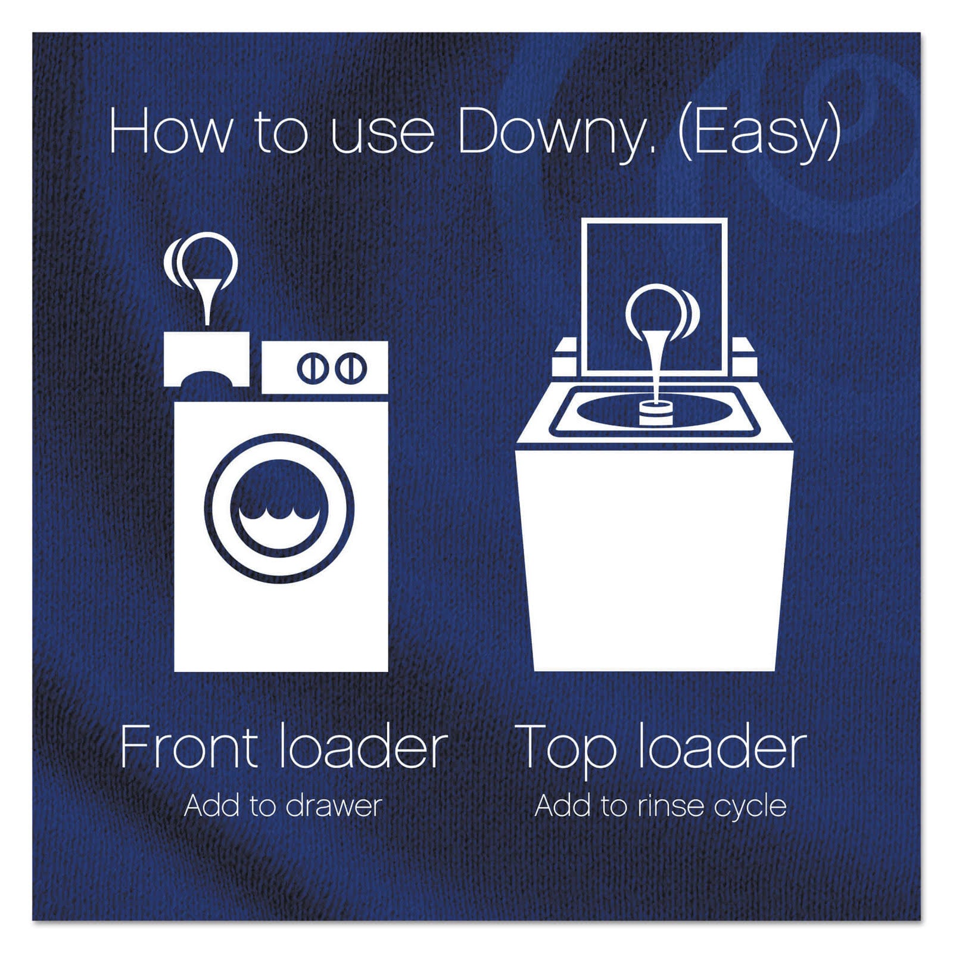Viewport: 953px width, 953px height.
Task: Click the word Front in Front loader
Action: pos(189,747)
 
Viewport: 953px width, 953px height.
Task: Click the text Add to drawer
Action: pos(283,806)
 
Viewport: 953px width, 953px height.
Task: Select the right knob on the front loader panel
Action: pos(350,368)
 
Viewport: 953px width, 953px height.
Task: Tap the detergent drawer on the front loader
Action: pos(206,359)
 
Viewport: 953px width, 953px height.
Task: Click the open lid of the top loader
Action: pos(655,298)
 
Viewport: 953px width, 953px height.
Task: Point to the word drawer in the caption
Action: pos(334,806)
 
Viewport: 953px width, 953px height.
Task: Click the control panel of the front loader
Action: pos(325,368)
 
